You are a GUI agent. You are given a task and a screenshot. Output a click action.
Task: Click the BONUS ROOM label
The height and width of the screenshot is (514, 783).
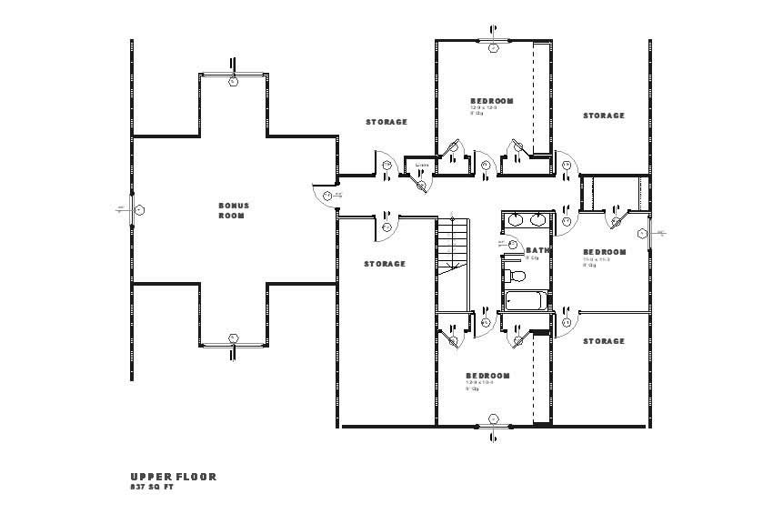pos(233,210)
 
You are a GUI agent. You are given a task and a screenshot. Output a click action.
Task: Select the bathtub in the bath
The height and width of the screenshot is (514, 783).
pos(525,300)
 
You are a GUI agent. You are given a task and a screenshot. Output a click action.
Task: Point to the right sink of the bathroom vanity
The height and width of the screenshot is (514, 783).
pos(537,219)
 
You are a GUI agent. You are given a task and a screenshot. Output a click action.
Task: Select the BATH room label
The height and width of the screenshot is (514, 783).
pos(537,250)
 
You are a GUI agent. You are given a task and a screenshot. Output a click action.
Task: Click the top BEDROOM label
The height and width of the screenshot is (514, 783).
pos(491,101)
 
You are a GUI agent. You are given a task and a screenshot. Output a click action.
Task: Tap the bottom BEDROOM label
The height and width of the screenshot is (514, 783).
pos(487,376)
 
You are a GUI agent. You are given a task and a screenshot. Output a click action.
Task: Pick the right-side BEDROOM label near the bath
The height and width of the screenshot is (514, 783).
pos(605,252)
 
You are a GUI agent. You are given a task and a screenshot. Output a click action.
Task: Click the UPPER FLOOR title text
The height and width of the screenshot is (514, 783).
pos(173,477)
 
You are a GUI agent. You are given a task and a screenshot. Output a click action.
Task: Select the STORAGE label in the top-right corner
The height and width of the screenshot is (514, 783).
pos(604,116)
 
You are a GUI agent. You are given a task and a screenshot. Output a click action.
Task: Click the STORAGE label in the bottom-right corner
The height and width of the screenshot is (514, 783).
pos(604,341)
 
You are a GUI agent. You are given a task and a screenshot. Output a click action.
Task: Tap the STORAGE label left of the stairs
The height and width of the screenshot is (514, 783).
pos(385,264)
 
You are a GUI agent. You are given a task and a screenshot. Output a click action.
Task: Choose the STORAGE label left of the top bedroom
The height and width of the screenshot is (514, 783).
pos(386,122)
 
